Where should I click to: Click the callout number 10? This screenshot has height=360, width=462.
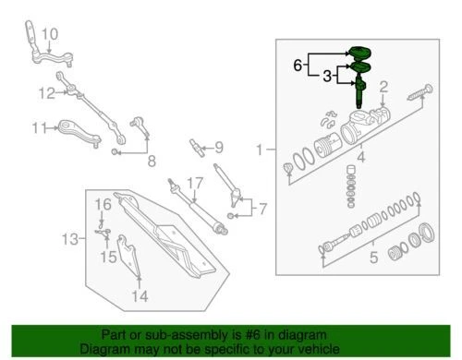tap(49, 34)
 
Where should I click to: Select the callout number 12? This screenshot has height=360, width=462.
tap(47, 92)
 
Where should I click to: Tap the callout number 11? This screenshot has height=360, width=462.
tap(38, 127)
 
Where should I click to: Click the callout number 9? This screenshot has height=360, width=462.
tap(218, 147)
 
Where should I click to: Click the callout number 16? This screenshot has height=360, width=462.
tap(103, 202)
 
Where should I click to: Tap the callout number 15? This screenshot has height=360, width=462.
tap(109, 258)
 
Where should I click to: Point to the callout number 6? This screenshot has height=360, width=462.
tap(298, 66)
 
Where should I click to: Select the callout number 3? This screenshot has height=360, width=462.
tap(326, 79)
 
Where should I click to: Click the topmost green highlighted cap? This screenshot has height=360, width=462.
tap(359, 51)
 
